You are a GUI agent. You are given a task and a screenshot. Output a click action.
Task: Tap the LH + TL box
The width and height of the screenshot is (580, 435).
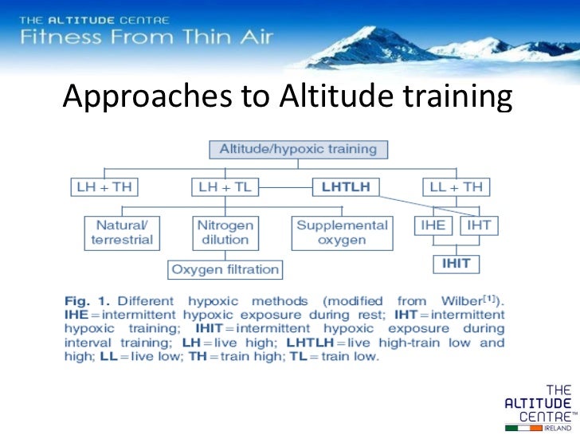[x=223, y=187]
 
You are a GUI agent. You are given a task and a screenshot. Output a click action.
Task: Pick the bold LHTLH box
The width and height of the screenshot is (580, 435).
[x=346, y=187]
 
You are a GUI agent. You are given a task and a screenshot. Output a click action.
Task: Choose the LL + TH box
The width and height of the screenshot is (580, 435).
[x=456, y=187]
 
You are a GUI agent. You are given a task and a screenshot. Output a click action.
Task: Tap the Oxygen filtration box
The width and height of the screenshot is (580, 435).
[x=225, y=269]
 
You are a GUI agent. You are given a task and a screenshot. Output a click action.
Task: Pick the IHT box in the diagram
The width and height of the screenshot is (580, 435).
[x=479, y=225]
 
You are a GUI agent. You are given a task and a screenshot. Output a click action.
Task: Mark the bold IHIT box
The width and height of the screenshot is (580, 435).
[x=457, y=261]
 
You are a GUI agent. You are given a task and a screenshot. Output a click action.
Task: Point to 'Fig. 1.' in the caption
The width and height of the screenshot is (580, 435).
[x=87, y=302]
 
